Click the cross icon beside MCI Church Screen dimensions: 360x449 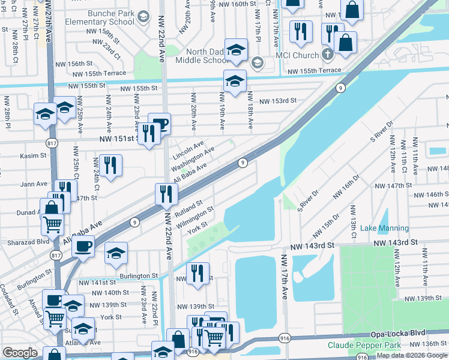pyautogui.click(x=327, y=55)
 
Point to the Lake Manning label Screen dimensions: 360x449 pyautogui.click(x=385, y=228)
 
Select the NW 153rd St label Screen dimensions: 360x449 pyautogui.click(x=278, y=101)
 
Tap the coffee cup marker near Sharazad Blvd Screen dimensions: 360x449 pyautogui.click(x=83, y=245)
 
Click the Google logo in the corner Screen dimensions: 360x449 pyautogui.click(x=20, y=353)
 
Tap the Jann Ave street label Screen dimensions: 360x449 pyautogui.click(x=35, y=184)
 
